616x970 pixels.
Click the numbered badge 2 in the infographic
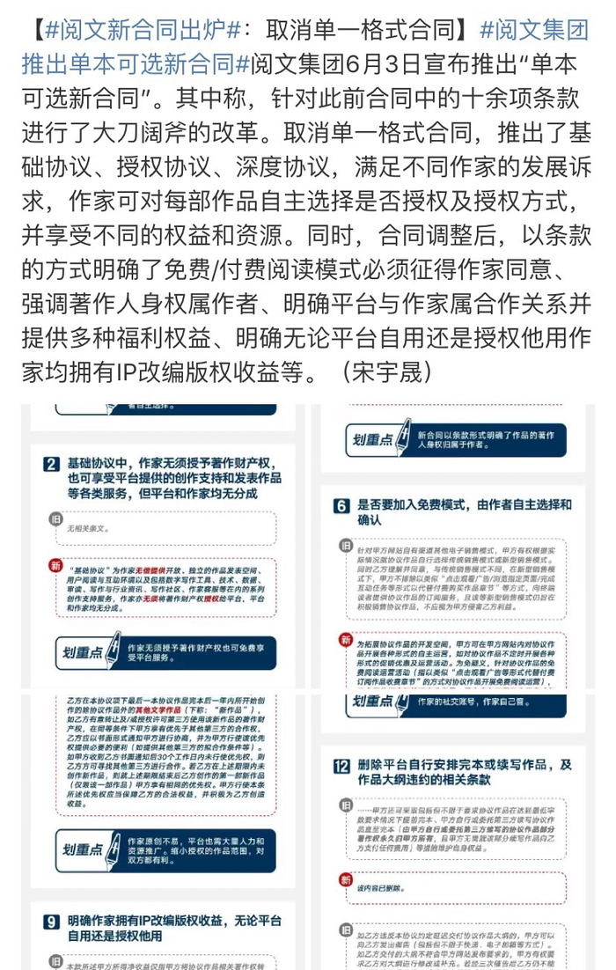51,465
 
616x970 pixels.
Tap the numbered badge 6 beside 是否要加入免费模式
341,506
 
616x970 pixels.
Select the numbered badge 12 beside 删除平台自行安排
341,766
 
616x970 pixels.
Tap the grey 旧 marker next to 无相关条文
56,518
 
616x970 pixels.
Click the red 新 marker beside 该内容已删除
346,879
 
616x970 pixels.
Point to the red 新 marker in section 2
56,565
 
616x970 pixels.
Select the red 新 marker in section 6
346,640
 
